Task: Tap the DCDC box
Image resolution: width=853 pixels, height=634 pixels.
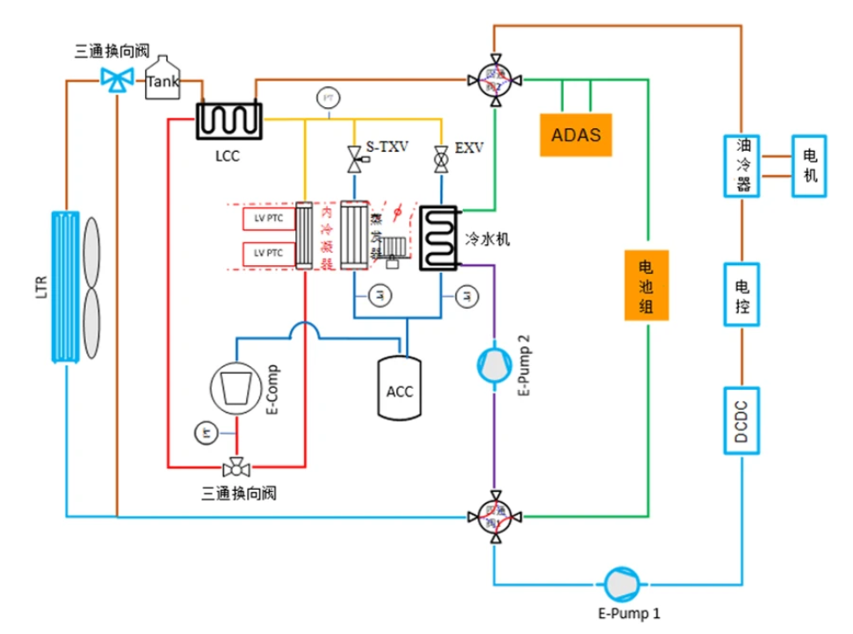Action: coord(742,421)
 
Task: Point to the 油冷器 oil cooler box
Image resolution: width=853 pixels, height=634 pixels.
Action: coord(742,165)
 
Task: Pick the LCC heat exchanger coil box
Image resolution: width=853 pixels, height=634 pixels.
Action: coord(228,119)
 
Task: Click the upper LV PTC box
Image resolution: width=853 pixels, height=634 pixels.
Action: coord(269,220)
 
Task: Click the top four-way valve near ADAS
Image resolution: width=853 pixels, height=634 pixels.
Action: coord(496,81)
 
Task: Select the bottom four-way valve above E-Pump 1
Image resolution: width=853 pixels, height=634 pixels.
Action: coord(496,516)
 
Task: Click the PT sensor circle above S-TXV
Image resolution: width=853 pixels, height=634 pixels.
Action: coord(329,96)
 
